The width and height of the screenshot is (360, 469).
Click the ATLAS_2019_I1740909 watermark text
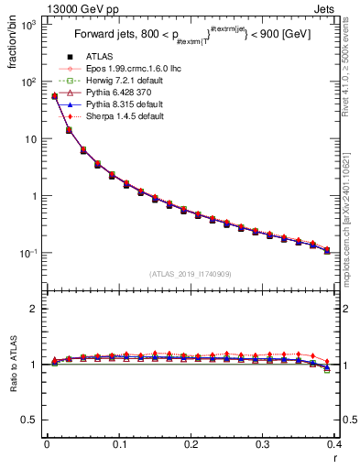click(x=190, y=274)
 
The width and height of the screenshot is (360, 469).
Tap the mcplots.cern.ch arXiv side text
click(x=352, y=202)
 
